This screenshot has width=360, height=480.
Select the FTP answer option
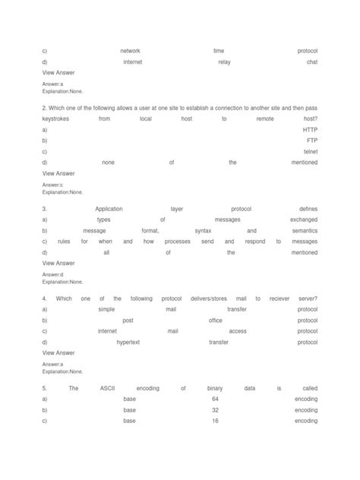point(311,141)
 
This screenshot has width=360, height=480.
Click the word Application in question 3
point(109,209)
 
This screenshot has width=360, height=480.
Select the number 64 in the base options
point(216,399)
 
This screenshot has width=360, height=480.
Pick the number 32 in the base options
point(216,409)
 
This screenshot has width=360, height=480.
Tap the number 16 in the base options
point(216,420)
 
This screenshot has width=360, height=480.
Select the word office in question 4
point(215,320)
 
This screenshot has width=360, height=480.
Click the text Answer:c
point(53,185)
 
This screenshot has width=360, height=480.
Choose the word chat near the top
point(312,62)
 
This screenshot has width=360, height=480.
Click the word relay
point(224,62)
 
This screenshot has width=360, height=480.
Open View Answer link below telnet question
point(58,173)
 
